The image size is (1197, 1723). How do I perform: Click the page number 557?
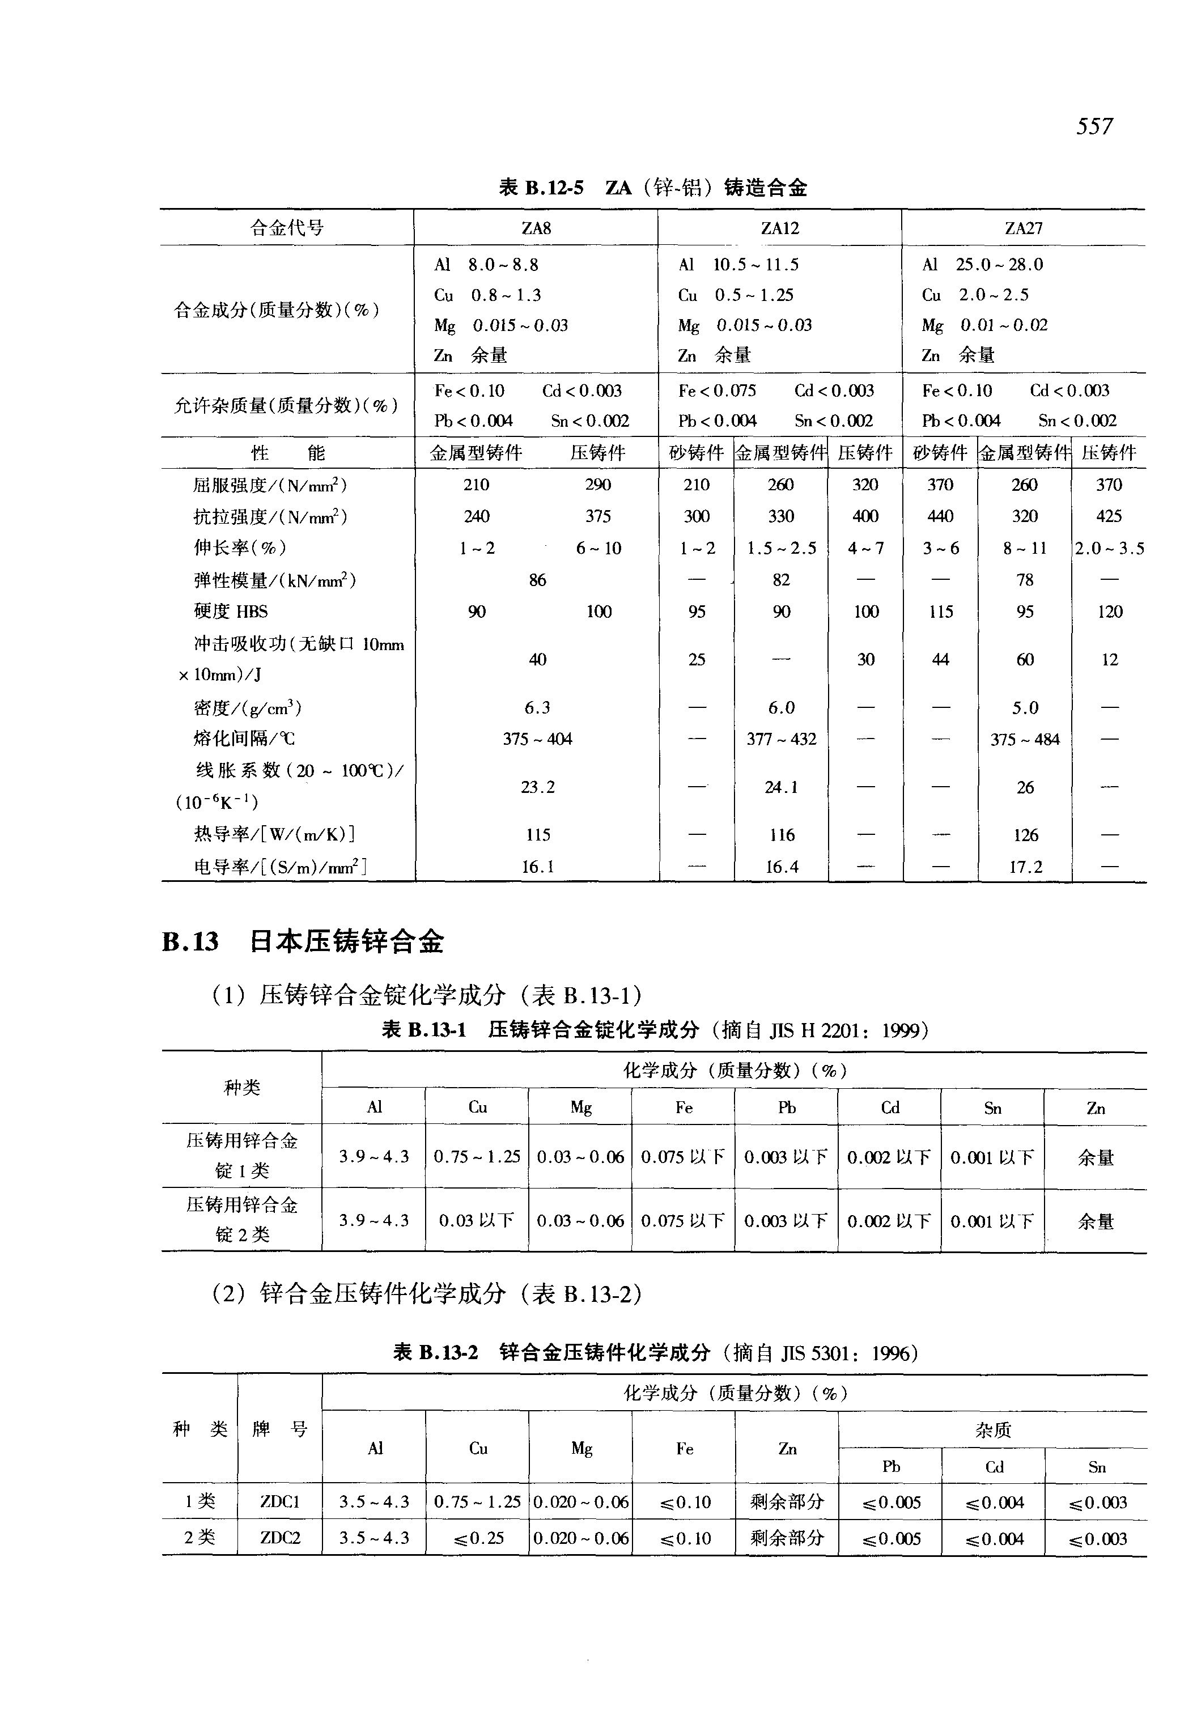pyautogui.click(x=1094, y=125)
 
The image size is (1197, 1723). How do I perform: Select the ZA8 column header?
pyautogui.click(x=536, y=228)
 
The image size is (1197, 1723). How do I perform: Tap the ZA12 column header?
pyautogui.click(x=780, y=228)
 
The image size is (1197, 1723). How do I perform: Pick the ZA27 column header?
pyautogui.click(x=1024, y=228)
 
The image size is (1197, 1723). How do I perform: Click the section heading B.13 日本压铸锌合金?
pyautogui.click(x=303, y=941)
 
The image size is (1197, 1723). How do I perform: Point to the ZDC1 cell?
pyautogui.click(x=280, y=1502)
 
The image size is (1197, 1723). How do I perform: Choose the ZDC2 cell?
pyautogui.click(x=280, y=1538)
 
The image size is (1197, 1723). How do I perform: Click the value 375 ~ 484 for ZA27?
pyautogui.click(x=1025, y=740)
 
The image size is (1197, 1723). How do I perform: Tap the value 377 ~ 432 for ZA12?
pyautogui.click(x=781, y=740)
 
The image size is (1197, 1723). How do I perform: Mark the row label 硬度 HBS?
pyautogui.click(x=230, y=612)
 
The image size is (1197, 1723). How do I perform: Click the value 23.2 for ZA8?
pyautogui.click(x=538, y=787)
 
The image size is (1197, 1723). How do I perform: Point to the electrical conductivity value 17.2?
pyautogui.click(x=1025, y=867)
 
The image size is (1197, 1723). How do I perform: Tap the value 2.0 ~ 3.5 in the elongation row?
pyautogui.click(x=1109, y=548)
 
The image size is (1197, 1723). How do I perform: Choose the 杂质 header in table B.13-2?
pyautogui.click(x=993, y=1430)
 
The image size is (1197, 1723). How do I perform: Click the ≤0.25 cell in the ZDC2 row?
pyautogui.click(x=478, y=1538)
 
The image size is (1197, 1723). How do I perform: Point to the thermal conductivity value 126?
pyautogui.click(x=1025, y=835)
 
